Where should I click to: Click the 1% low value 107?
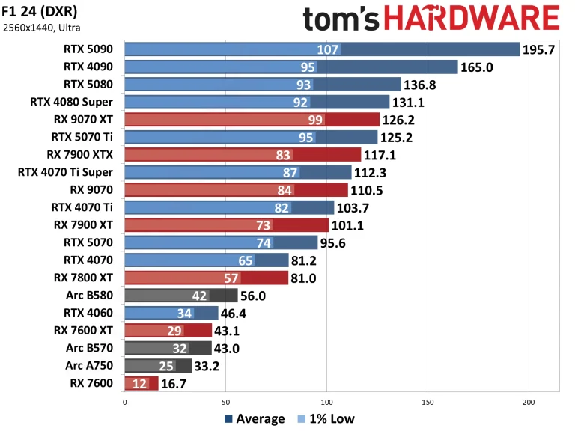click(x=329, y=49)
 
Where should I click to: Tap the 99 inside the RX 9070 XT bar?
click(x=314, y=120)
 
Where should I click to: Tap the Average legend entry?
click(x=254, y=418)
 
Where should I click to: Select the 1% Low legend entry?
click(x=326, y=418)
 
